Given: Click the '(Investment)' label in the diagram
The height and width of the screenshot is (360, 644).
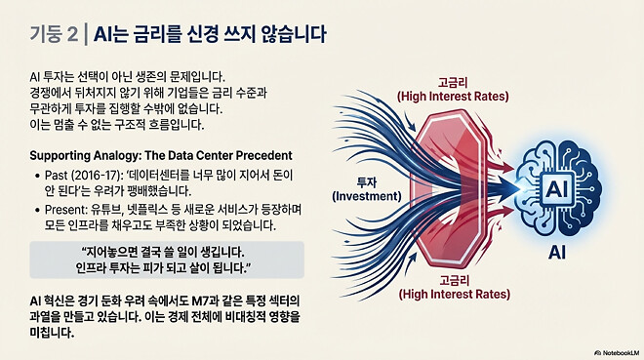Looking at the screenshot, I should pyautogui.click(x=360, y=195).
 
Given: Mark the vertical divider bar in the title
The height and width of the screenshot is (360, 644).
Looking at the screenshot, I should pyautogui.click(x=86, y=34).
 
